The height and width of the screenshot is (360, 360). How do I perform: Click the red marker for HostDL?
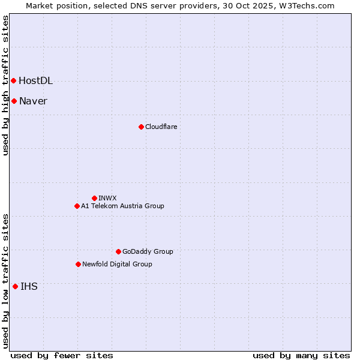pyautogui.click(x=13, y=80)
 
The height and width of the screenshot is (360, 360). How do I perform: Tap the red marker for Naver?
pyautogui.click(x=14, y=101)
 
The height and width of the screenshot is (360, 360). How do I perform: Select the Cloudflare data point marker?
pyautogui.click(x=141, y=127)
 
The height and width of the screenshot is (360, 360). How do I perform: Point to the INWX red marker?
pyautogui.click(x=94, y=198)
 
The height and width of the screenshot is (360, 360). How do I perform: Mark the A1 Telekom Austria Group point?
pyautogui.click(x=77, y=206)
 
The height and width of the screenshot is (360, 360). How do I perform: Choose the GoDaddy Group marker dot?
pyautogui.click(x=118, y=251)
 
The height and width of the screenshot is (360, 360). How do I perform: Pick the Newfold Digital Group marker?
pyautogui.click(x=78, y=264)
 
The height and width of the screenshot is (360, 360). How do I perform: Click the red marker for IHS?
pyautogui.click(x=15, y=286)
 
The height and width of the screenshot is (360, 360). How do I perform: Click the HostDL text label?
pyautogui.click(x=35, y=81)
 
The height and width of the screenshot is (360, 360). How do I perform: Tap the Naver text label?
pyautogui.click(x=33, y=101)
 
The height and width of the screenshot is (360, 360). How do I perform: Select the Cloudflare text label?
pyautogui.click(x=161, y=127)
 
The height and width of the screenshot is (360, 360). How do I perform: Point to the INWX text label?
pyautogui.click(x=107, y=199)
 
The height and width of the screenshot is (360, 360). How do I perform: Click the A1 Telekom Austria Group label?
pyautogui.click(x=122, y=206)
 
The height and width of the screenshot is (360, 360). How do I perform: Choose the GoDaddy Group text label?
pyautogui.click(x=148, y=252)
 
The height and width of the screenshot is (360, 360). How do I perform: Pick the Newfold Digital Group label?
pyautogui.click(x=117, y=265)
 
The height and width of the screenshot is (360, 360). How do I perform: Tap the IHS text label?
pyautogui.click(x=29, y=287)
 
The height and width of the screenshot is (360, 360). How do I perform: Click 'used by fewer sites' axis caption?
pyautogui.click(x=62, y=355)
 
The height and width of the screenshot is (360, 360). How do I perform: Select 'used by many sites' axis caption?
pyautogui.click(x=301, y=355)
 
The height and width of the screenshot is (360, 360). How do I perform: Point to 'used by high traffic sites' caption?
pyautogui.click(x=5, y=85)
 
